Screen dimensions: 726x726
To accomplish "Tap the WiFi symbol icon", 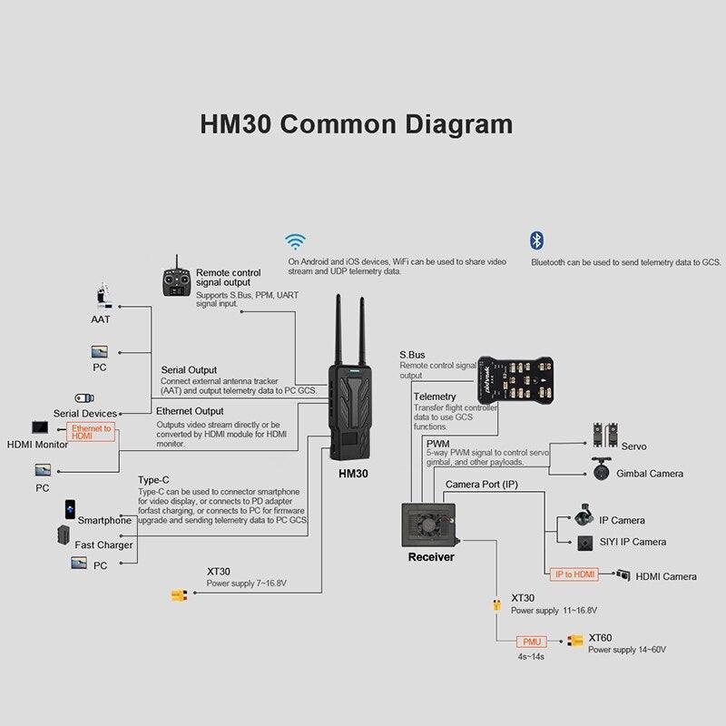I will tap(295, 241).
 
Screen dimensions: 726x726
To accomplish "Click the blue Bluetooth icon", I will tap(536, 240).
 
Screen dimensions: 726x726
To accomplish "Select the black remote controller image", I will tap(176, 282).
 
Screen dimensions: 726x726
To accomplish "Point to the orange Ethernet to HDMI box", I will tap(92, 432).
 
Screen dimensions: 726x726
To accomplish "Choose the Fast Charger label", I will tap(103, 544).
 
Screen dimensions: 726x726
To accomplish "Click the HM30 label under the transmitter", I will tap(353, 473).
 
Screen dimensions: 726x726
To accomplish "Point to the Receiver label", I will tap(431, 556).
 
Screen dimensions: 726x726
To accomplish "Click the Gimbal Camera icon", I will tap(600, 471).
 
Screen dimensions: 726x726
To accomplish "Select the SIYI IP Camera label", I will tap(633, 542).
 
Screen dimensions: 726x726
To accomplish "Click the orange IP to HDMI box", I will tap(574, 574).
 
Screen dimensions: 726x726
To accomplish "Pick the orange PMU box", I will tap(530, 642).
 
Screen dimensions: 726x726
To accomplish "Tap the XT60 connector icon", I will tap(574, 642).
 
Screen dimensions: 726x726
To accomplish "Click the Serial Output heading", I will tap(189, 370).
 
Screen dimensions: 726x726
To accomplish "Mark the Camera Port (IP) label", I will tap(481, 485).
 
